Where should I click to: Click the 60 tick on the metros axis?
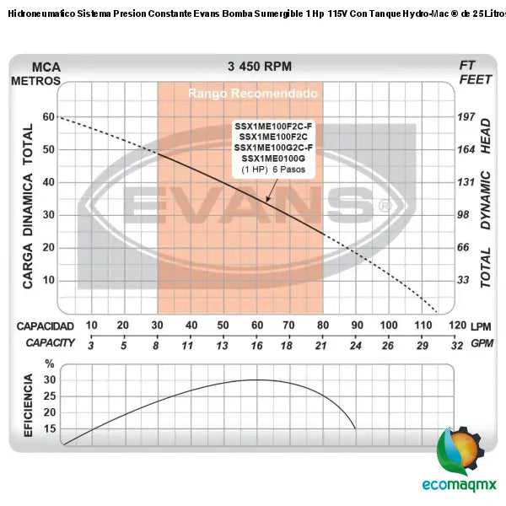point(48,117)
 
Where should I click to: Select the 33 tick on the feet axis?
point(463,280)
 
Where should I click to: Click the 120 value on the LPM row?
point(457,326)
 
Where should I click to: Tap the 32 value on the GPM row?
point(457,344)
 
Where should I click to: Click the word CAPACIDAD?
point(46,326)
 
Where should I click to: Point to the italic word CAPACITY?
point(50,343)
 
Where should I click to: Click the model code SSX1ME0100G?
point(272,159)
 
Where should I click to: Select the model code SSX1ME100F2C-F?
point(272,126)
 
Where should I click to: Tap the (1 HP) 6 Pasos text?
point(272,170)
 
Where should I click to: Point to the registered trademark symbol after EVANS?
point(385,205)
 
